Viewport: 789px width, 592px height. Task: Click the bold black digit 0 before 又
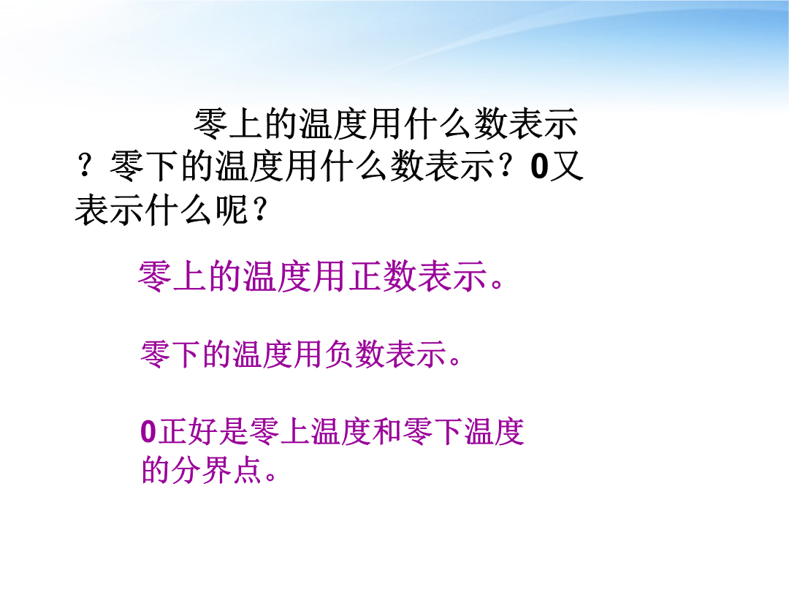539,167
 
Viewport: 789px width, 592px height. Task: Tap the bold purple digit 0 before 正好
148,432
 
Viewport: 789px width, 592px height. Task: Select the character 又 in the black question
566,166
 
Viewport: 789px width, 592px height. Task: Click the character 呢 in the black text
232,209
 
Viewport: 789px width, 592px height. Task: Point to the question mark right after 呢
259,210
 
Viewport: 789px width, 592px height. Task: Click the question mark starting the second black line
85,165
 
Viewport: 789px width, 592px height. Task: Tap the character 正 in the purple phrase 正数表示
365,276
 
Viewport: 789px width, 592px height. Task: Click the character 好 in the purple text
203,432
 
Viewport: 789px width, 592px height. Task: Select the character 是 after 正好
234,432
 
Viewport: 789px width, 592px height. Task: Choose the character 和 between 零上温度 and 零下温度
387,432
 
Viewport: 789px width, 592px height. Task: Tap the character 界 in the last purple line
216,470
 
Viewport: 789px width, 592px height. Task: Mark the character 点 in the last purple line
247,470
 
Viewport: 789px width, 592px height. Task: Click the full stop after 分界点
271,477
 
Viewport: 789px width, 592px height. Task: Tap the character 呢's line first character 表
91,209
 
